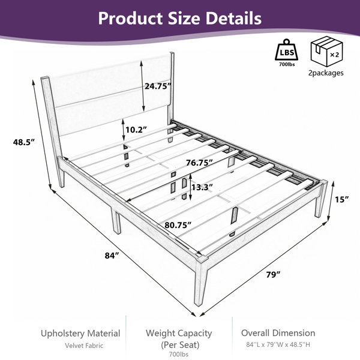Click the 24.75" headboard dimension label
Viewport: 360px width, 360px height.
(x=158, y=86)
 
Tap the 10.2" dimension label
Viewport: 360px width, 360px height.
(x=136, y=130)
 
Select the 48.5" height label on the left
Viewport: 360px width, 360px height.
(x=23, y=142)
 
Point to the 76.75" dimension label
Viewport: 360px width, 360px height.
(x=199, y=163)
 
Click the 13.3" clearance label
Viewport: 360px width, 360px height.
(x=202, y=188)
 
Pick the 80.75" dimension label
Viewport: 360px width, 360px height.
(x=178, y=225)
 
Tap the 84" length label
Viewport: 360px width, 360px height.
(x=112, y=256)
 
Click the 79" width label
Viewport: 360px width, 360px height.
(x=273, y=275)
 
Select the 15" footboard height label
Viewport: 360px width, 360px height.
(x=341, y=200)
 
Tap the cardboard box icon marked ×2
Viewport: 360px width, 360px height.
(x=326, y=51)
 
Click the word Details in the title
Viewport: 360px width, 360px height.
(x=233, y=18)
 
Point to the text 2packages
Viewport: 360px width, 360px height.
(x=326, y=73)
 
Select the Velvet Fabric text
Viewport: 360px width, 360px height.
(x=84, y=346)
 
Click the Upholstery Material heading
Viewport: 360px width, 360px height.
(x=80, y=334)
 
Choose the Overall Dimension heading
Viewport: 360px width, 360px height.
(x=278, y=333)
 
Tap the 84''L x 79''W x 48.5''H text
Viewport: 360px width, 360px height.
(x=278, y=344)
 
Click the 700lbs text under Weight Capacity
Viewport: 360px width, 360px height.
(x=179, y=354)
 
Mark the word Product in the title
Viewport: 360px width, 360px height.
(x=130, y=18)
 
